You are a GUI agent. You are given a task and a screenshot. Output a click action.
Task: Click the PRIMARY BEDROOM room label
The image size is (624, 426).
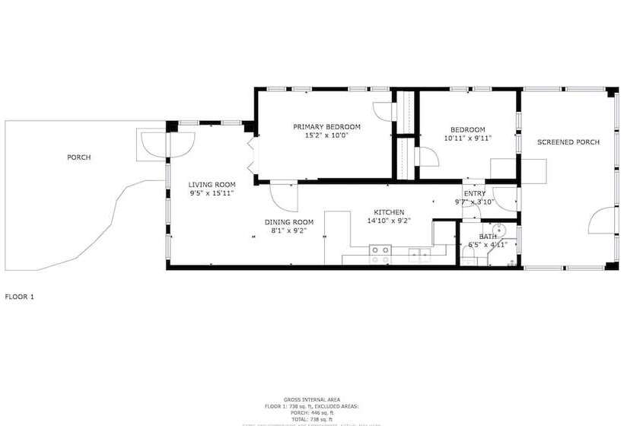(x=326, y=126)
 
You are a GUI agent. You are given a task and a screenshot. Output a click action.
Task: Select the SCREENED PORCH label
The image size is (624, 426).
(x=568, y=142)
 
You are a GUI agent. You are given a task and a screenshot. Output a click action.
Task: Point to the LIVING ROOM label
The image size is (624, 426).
(x=212, y=184)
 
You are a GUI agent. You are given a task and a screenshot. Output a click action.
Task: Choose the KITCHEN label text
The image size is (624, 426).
(x=388, y=211)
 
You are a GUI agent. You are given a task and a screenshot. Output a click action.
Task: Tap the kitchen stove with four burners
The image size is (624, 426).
(x=380, y=254)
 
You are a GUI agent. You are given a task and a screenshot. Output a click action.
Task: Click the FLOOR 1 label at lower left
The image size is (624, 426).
(x=20, y=296)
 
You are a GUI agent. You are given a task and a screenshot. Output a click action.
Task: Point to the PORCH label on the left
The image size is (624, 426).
(x=78, y=157)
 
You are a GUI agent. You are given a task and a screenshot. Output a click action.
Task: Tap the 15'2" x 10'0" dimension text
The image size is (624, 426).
(x=326, y=136)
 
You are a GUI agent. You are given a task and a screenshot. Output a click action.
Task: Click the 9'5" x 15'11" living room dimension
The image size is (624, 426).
(x=212, y=193)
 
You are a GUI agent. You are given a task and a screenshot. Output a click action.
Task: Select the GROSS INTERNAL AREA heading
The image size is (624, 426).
(x=311, y=399)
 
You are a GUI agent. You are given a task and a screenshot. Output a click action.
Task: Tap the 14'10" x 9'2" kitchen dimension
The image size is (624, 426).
(x=388, y=221)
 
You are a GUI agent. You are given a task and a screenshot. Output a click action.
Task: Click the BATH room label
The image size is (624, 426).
(x=488, y=237)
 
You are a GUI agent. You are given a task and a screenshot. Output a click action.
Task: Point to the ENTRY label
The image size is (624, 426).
(x=474, y=193)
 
